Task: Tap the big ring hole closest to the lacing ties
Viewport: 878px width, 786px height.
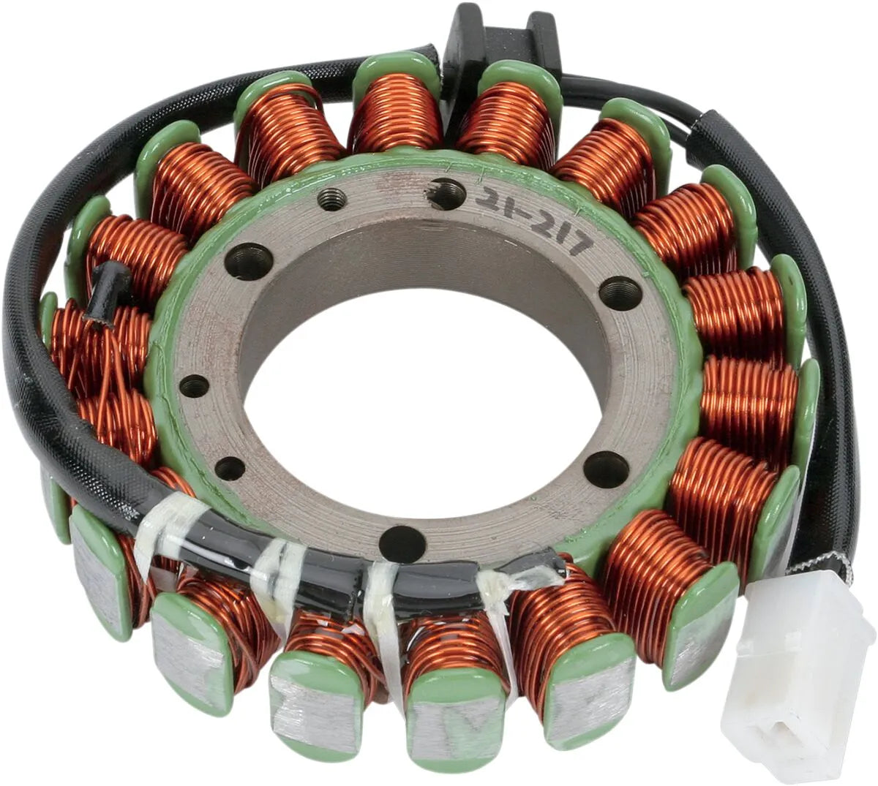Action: [402, 543]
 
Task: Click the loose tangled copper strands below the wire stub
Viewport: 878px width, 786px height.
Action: [110, 366]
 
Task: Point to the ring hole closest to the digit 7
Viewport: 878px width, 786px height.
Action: [620, 293]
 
